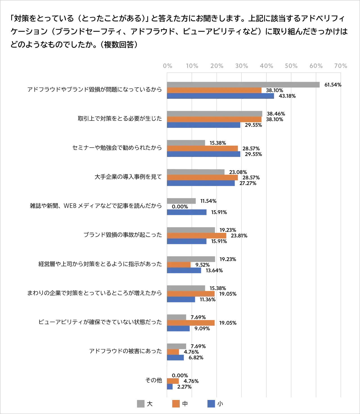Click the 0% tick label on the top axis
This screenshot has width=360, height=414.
168,67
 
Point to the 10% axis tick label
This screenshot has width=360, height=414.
192,67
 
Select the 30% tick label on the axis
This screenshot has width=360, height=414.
242,67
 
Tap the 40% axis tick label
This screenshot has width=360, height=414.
267,67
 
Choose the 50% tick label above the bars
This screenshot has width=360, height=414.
291,67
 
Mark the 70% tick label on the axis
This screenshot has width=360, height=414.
341,67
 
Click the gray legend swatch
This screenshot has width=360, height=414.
141,404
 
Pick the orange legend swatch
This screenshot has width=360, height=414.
176,404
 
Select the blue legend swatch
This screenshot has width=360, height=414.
211,404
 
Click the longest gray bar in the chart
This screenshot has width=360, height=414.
244,84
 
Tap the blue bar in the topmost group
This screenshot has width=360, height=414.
220,96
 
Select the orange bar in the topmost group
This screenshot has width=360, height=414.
215,90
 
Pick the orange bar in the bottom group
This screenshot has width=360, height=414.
173,381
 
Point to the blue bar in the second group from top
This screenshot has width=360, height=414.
204,125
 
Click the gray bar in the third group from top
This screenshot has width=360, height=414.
187,142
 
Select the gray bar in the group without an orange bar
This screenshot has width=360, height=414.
182,201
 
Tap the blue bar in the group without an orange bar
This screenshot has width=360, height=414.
187,212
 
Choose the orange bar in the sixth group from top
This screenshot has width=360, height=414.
197,236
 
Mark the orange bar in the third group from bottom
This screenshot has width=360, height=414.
191,323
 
